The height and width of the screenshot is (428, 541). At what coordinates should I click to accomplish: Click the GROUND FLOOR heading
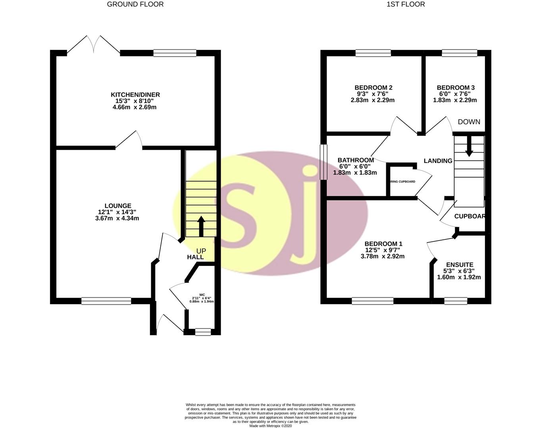tap(135, 4)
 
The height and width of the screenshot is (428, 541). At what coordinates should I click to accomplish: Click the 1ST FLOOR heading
tap(405, 4)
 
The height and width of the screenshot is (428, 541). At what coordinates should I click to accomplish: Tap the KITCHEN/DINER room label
tap(135, 95)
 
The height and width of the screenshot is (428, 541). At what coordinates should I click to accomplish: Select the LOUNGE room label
tap(117, 206)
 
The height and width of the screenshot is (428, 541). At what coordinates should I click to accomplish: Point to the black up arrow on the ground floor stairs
tap(201, 226)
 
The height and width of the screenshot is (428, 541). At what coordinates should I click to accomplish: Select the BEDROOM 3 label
tap(456, 88)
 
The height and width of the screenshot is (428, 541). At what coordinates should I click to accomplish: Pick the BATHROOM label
tap(356, 160)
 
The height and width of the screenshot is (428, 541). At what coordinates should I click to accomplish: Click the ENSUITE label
tap(459, 265)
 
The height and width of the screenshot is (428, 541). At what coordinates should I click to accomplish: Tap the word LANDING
tap(438, 161)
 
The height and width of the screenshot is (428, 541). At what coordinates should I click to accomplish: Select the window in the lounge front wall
tap(106, 301)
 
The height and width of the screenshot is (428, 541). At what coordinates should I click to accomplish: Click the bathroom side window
tap(323, 161)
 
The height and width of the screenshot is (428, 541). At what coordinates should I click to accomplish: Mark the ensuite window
tap(456, 301)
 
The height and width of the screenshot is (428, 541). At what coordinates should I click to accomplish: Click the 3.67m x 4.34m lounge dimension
tap(117, 218)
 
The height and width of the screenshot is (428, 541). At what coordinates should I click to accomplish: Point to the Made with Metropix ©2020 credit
tap(270, 426)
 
